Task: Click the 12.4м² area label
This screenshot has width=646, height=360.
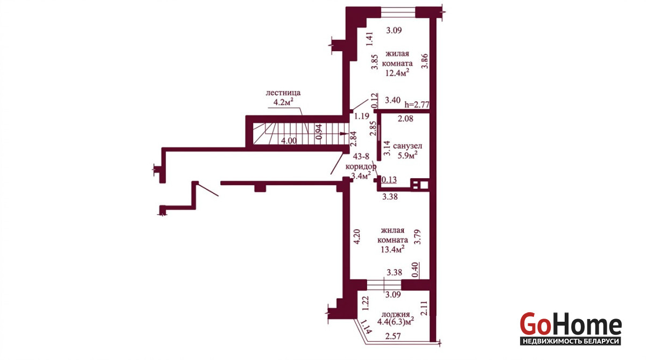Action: point(398,73)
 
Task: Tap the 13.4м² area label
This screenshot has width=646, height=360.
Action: point(392,249)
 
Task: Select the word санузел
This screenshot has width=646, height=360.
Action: point(408,146)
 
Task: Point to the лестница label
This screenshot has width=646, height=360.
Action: point(283,93)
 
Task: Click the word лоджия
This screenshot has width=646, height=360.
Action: point(396,315)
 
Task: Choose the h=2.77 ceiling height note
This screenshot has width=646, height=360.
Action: point(417,104)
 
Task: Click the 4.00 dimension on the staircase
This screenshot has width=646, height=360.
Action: point(289,141)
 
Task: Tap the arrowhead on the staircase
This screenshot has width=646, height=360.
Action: point(344,134)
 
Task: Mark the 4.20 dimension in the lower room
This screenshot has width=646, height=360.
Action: point(357,237)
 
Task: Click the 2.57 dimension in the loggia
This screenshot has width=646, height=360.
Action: point(393,336)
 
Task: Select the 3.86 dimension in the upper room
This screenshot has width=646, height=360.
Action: point(425,61)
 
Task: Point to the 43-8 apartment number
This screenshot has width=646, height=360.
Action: point(361,157)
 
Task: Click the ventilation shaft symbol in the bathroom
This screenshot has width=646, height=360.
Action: point(419,185)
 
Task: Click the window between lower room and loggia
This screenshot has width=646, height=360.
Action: point(384,285)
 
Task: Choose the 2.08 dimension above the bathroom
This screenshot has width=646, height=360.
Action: point(405,118)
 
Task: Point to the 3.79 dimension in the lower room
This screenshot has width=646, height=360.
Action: point(417,237)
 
